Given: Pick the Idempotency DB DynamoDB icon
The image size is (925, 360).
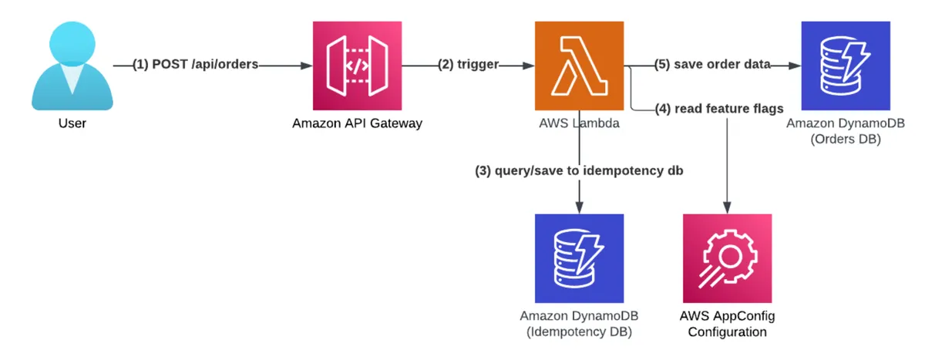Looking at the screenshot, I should [579, 257].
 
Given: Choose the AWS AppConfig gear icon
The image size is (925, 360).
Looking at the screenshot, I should [727, 257].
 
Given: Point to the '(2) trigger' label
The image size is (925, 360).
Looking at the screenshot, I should [469, 66].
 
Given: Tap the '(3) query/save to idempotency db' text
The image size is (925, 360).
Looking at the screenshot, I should [579, 171].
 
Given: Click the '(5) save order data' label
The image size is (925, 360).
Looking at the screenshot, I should [713, 65].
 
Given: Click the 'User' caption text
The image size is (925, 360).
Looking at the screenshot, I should [72, 123].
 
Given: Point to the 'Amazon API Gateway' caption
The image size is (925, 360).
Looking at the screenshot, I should [357, 123].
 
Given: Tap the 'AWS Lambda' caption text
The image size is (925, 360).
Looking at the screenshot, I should [579, 123].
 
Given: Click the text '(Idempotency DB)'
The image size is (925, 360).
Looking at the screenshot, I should [579, 332].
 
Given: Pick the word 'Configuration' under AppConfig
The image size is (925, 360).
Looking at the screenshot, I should [727, 332].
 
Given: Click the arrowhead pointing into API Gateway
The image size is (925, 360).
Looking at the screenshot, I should [306, 66].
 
